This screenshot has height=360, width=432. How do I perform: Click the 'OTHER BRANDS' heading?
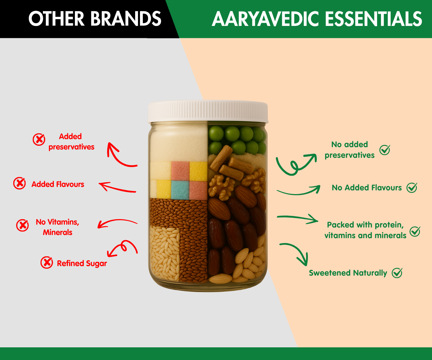[95, 19]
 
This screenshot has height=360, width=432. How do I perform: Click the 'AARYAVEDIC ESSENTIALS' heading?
[317, 19]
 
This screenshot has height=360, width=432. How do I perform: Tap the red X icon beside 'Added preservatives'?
[39, 139]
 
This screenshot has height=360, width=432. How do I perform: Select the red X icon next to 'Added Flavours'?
[20, 183]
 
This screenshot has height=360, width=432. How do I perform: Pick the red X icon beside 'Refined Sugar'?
[47, 263]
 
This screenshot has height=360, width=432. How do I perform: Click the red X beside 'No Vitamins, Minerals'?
[22, 225]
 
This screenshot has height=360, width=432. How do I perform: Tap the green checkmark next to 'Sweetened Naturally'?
[397, 273]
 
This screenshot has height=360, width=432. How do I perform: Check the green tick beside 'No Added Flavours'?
[412, 187]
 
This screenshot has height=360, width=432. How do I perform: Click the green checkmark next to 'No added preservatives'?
[385, 150]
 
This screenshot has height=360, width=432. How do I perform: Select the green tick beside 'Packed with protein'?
[415, 231]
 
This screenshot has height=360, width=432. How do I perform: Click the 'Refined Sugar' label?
[82, 264]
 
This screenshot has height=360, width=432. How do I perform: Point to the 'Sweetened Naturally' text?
[348, 273]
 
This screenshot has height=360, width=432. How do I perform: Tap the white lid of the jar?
[208, 112]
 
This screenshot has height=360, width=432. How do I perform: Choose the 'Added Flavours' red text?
[58, 184]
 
